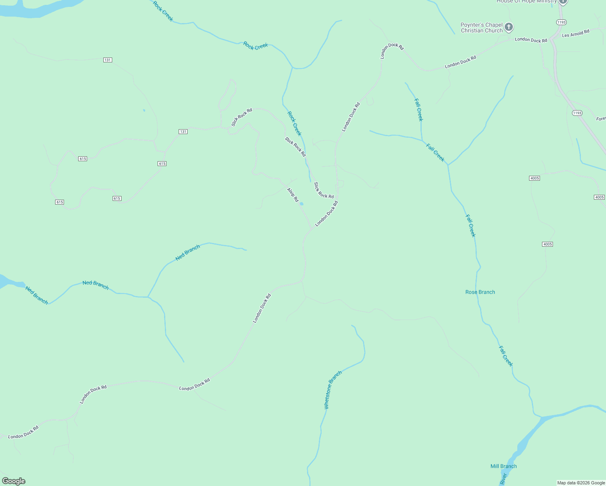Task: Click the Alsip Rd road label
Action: pyautogui.click(x=292, y=194)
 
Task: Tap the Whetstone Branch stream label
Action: pyautogui.click(x=333, y=390)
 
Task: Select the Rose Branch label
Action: pyautogui.click(x=480, y=292)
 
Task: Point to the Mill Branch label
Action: pyautogui.click(x=504, y=466)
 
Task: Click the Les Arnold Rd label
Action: pyautogui.click(x=575, y=34)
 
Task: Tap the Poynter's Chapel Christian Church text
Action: pyautogui.click(x=482, y=28)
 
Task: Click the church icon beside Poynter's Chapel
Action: pyautogui.click(x=509, y=27)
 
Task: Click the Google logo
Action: pyautogui.click(x=14, y=481)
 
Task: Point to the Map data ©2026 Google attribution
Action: pyautogui.click(x=581, y=483)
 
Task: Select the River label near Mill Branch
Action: pyautogui.click(x=504, y=479)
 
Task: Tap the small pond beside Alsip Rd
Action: pyautogui.click(x=301, y=204)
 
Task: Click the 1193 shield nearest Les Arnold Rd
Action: pyautogui.click(x=561, y=22)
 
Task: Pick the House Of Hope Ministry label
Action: pyautogui.click(x=527, y=2)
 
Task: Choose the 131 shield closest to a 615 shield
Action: pyautogui.click(x=183, y=132)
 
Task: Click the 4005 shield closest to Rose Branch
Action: pyautogui.click(x=547, y=244)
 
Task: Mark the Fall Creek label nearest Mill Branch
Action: pyautogui.click(x=506, y=356)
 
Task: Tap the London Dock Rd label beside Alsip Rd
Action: pyautogui.click(x=326, y=213)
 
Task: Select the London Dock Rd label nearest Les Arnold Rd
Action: pyautogui.click(x=531, y=40)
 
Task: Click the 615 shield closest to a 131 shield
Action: pyautogui.click(x=162, y=164)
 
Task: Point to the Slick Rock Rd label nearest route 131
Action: pyautogui.click(x=241, y=117)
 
